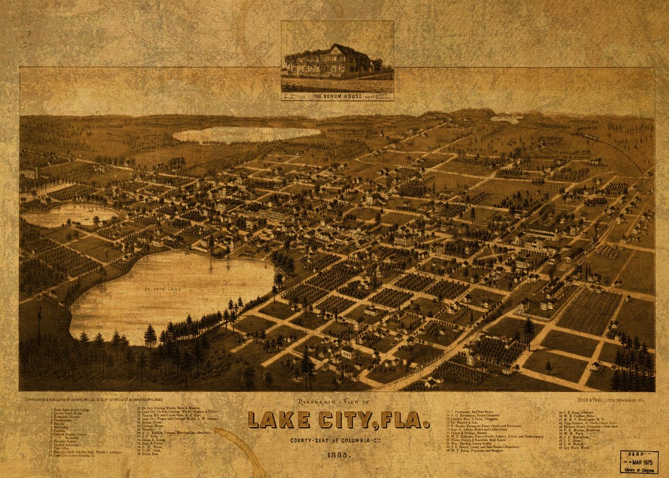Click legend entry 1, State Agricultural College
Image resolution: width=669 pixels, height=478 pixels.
pos(70,409)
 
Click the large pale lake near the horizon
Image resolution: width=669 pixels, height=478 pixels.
pos(245,134)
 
